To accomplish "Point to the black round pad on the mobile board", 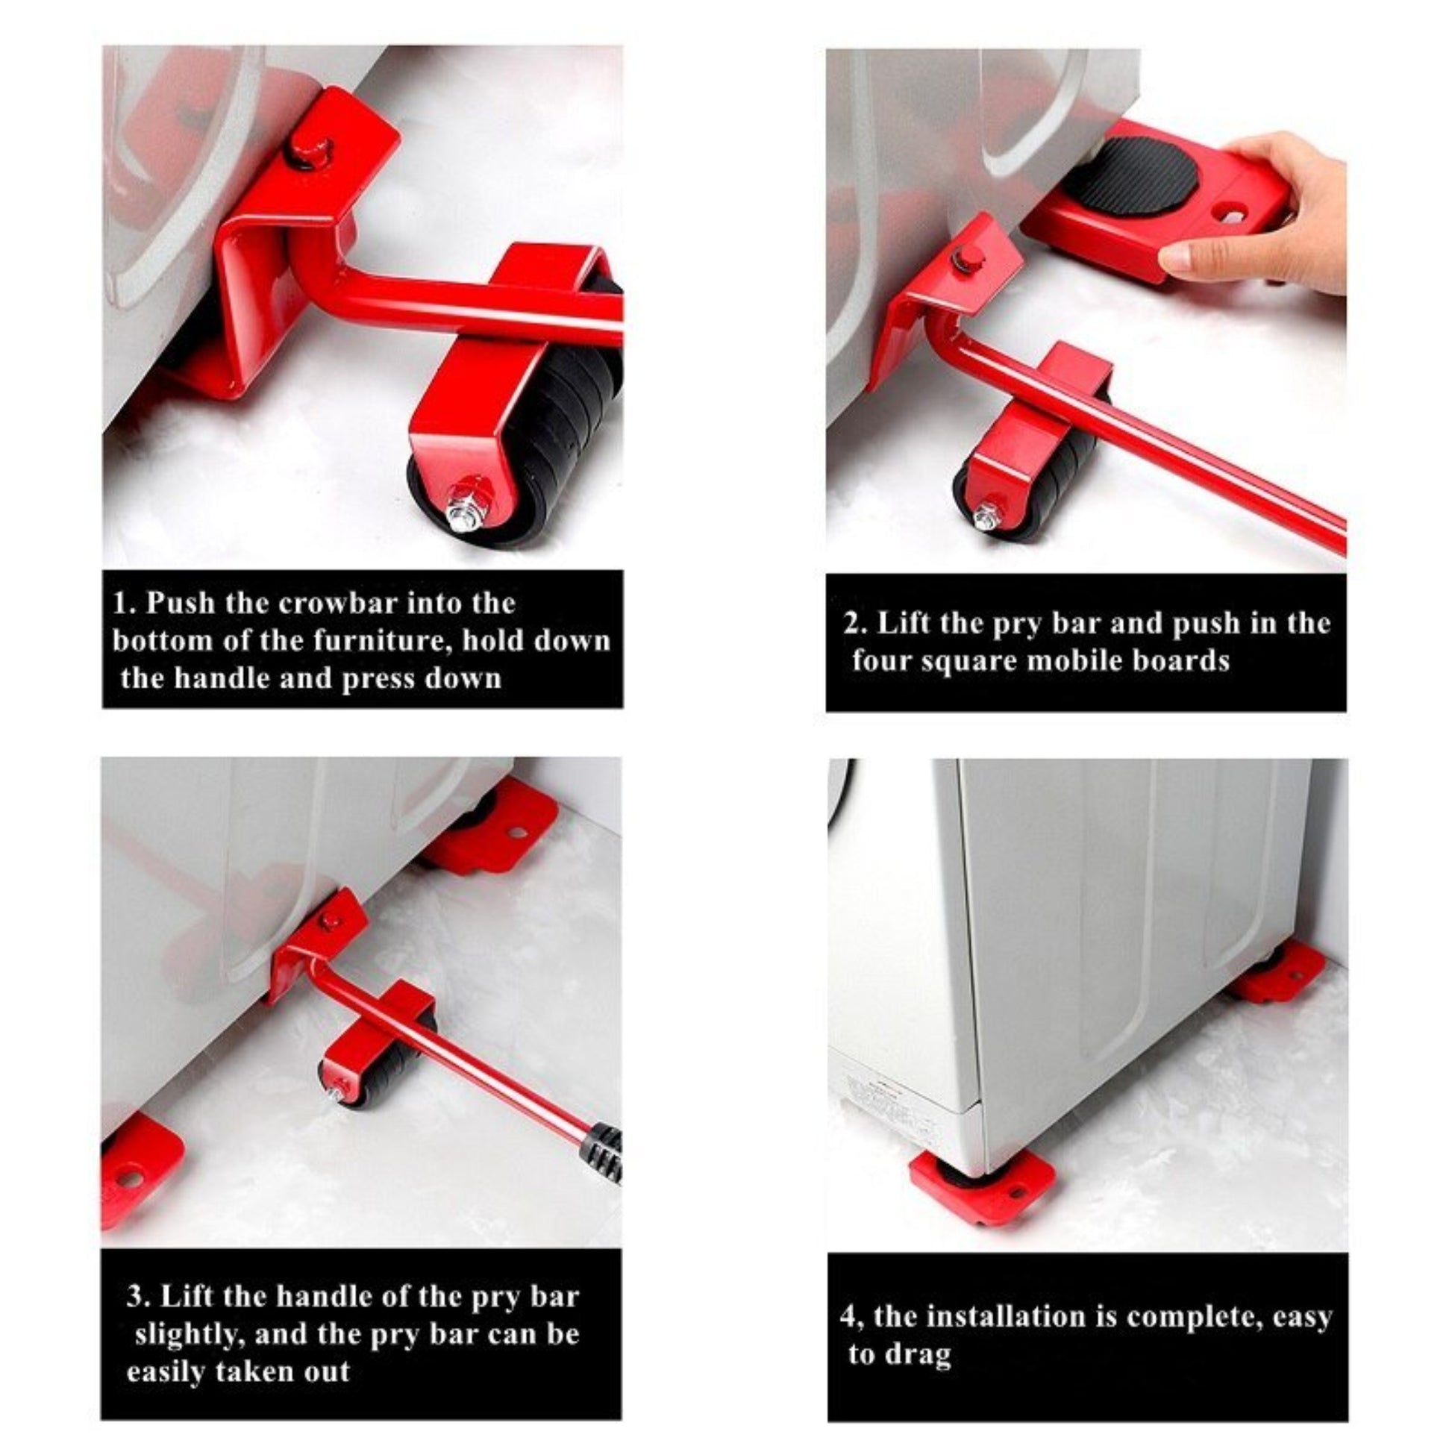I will click(1135, 177).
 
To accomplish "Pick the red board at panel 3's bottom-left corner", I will click(139, 1176).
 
